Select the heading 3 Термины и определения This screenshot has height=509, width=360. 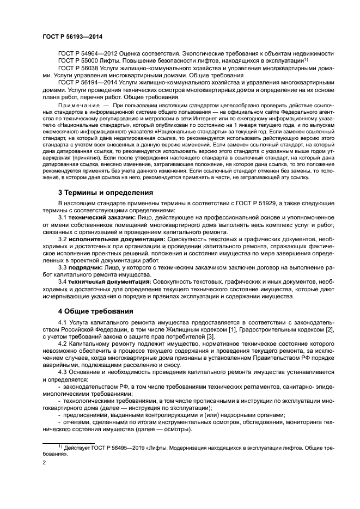[105, 193]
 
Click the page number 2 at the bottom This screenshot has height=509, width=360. [45, 462]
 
